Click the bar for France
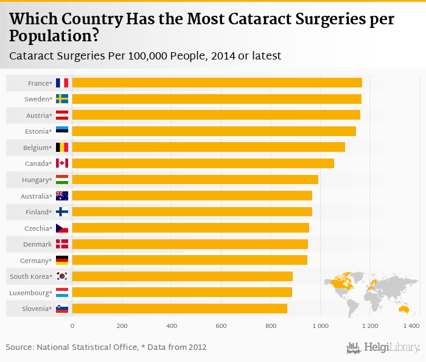(217, 83)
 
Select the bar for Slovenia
(180, 309)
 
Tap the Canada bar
(203, 163)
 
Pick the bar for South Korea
(182, 276)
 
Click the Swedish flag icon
(62, 99)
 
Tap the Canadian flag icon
(62, 163)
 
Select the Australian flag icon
(62, 196)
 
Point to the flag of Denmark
(62, 244)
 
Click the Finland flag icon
(62, 212)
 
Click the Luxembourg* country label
(31, 293)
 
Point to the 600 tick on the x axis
(220, 326)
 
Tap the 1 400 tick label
(411, 326)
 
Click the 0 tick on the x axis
(72, 326)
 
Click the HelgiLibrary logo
(383, 347)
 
